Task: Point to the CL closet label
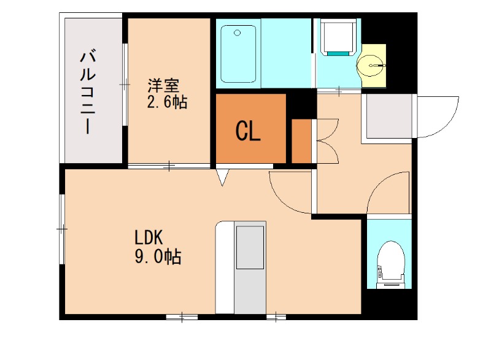[x=249, y=131]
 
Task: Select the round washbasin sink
[x=372, y=64]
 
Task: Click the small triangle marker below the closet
[x=223, y=177]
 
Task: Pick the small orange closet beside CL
[x=301, y=142]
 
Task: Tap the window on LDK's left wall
[x=62, y=228]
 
